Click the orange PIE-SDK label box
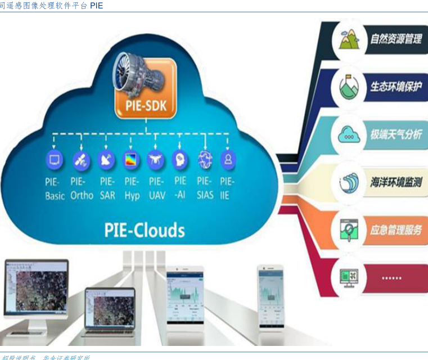point(146,105)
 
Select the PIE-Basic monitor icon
point(55,160)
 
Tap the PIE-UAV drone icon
point(156,160)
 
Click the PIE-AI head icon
point(180,159)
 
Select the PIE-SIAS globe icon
point(205,160)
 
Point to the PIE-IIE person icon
point(228,159)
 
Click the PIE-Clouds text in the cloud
point(145,229)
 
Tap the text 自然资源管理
point(395,40)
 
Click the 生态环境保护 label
point(395,88)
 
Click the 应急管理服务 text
point(395,230)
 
